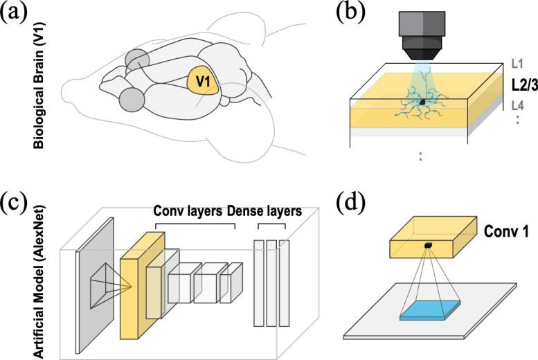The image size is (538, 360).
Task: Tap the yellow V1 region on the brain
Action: pos(203,84)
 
